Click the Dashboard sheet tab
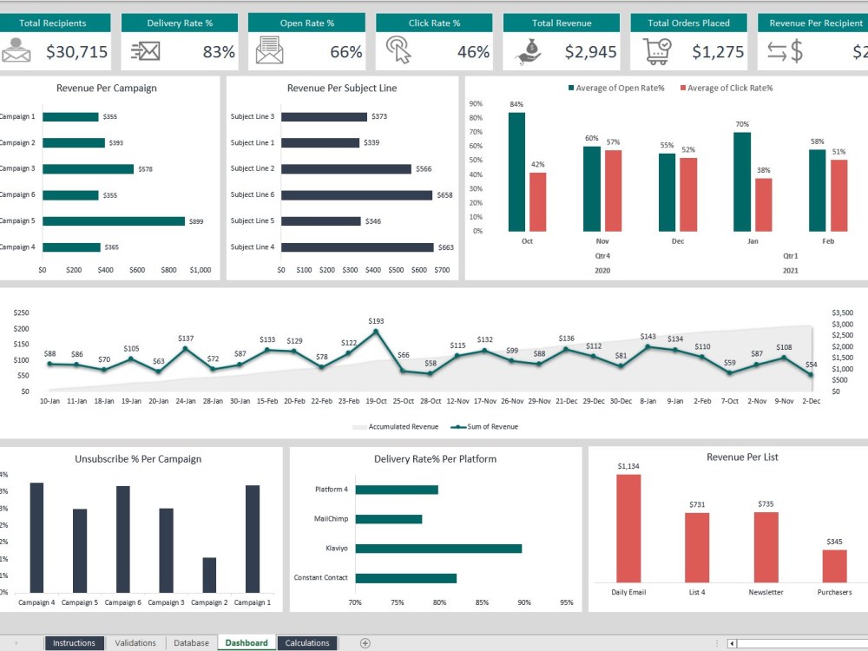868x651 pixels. (247, 643)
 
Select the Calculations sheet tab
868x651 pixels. (307, 643)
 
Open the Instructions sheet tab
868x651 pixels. (74, 643)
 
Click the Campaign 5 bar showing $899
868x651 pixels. (114, 221)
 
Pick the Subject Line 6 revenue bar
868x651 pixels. (356, 195)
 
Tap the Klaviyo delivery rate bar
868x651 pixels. (438, 549)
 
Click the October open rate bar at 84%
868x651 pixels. (516, 172)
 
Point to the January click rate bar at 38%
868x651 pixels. (763, 205)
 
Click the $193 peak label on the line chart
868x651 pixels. (376, 321)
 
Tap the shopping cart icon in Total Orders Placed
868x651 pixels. (657, 51)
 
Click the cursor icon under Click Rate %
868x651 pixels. (398, 50)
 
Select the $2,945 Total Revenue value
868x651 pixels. (590, 52)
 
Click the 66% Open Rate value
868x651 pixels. (345, 52)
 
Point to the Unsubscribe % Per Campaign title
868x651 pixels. (138, 459)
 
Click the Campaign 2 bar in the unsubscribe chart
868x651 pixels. (209, 575)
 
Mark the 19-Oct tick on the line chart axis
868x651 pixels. (376, 401)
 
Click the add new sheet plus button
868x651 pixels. (365, 643)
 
